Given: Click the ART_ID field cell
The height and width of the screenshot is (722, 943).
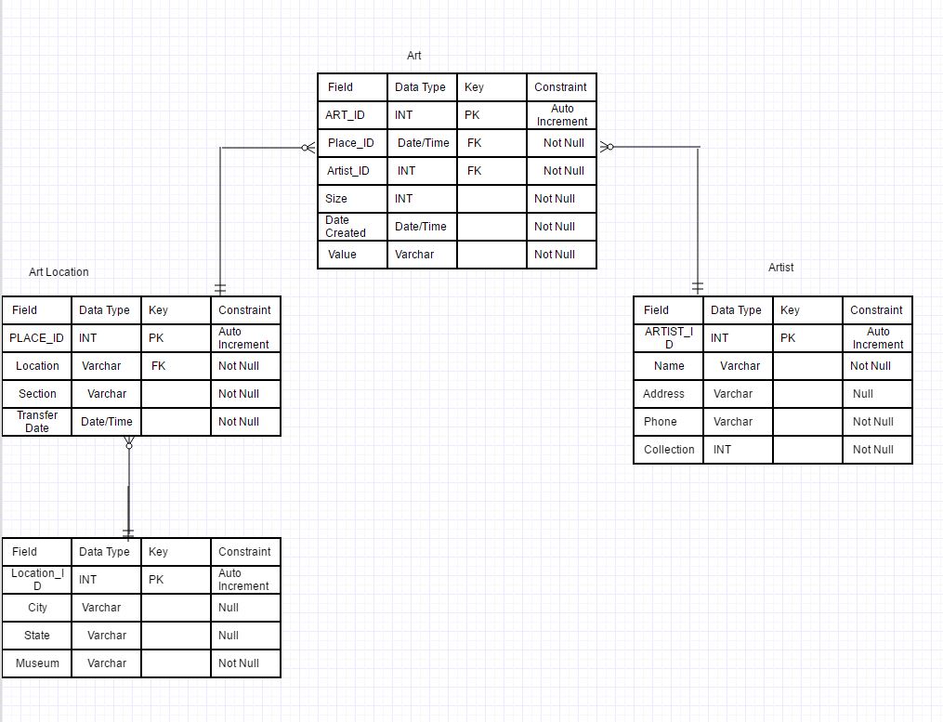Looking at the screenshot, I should pos(345,115).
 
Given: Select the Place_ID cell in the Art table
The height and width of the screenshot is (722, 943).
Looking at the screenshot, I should pos(351,143).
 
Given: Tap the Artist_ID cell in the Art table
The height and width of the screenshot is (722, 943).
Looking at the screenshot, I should pos(348,171).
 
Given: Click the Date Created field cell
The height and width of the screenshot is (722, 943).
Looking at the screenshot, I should pos(346,227).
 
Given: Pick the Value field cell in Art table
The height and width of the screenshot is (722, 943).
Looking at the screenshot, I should pos(342,255).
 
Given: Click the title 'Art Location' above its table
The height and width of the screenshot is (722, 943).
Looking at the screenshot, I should pos(59,272).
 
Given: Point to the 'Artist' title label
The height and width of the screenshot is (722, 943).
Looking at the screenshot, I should pos(780,268).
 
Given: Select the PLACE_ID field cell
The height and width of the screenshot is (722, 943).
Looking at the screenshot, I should pos(36,338).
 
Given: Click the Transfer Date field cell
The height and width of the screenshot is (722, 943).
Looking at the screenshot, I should pos(36,422).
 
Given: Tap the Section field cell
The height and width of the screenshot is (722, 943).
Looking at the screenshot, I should pos(37,394).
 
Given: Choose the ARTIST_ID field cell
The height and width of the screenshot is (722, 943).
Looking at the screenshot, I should pos(668,338).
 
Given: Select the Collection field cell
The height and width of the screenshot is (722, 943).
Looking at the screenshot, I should pos(669,450).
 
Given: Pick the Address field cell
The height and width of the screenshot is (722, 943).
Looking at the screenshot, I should pos(663,394).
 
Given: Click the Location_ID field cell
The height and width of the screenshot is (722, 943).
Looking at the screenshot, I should pos(37,580).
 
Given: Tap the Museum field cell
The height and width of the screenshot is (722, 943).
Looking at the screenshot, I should pos(37,663).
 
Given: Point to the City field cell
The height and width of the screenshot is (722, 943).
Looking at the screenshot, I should pos(37,608).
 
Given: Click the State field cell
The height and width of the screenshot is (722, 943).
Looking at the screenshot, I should pos(37,636).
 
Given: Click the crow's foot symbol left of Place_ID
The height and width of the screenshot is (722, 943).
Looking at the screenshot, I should pos(308,147).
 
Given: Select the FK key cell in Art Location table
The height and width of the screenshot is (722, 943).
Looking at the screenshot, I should pos(159,366).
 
